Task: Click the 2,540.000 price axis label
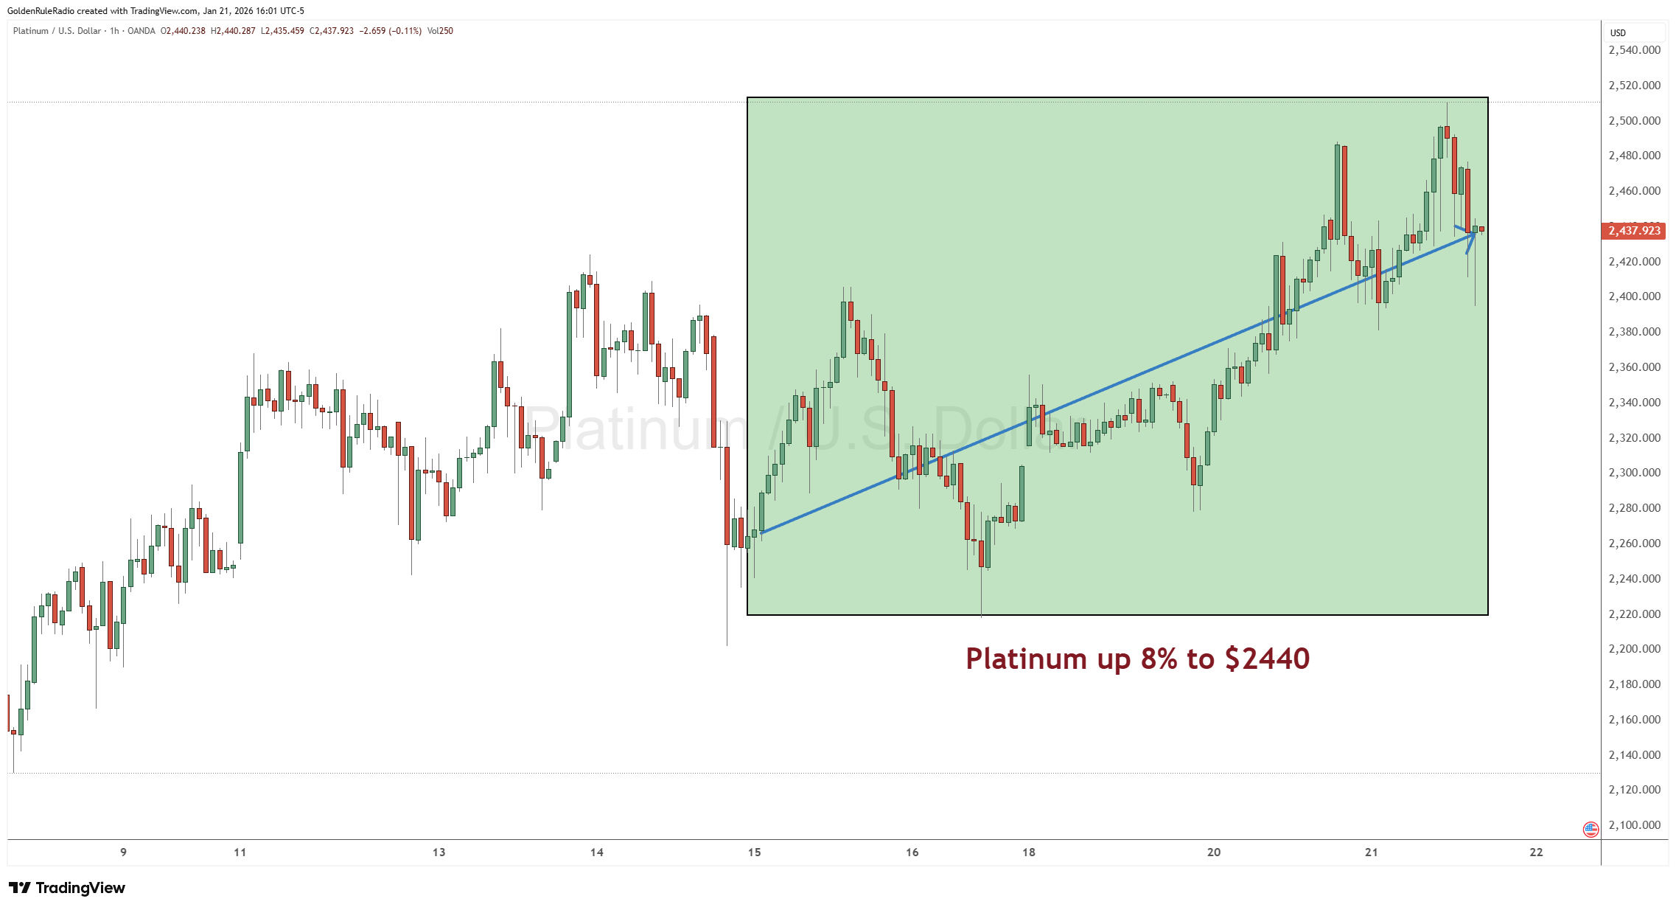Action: [1634, 50]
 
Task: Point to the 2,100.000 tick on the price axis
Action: [1634, 824]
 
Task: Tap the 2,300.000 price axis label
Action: [1634, 473]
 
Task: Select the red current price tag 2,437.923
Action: [1634, 231]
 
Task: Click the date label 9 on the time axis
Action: [123, 852]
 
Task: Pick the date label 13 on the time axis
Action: [439, 852]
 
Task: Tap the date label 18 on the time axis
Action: [1028, 852]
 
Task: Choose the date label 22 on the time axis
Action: [1535, 852]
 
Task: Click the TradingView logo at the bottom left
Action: [67, 888]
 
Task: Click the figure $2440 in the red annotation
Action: [1267, 659]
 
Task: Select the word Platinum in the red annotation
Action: [1026, 659]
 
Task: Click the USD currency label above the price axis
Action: [1618, 32]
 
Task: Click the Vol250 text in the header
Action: [440, 31]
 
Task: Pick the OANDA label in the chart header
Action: [142, 31]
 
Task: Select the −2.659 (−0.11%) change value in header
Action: [390, 31]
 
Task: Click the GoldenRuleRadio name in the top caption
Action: [41, 10]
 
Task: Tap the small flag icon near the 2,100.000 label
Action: [1591, 829]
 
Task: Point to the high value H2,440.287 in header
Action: [233, 31]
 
